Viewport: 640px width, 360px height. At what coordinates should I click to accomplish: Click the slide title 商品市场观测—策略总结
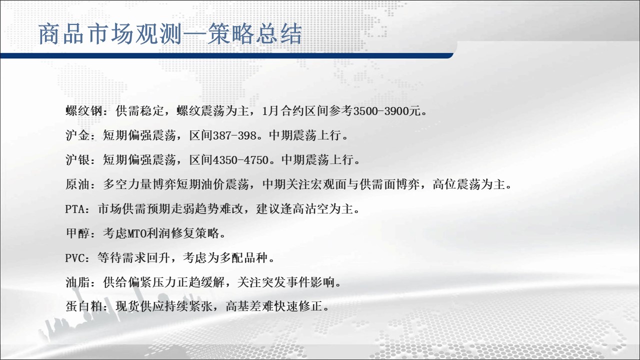click(170, 34)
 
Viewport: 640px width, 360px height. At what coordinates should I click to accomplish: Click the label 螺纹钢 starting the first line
click(84, 111)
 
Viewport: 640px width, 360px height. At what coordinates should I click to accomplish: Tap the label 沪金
click(77, 135)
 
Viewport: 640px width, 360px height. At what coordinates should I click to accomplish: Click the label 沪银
click(77, 160)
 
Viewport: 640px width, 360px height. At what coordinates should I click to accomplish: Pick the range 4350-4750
click(241, 160)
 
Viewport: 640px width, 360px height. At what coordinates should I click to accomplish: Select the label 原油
click(77, 184)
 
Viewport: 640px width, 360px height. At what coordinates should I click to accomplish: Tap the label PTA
click(75, 209)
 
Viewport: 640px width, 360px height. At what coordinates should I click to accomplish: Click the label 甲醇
click(77, 233)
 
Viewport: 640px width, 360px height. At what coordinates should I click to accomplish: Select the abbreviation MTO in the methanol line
click(136, 233)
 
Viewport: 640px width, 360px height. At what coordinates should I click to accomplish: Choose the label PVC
click(75, 258)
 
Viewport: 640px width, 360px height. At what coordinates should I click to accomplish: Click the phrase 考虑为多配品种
click(225, 258)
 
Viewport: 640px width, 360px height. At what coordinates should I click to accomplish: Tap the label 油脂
click(77, 283)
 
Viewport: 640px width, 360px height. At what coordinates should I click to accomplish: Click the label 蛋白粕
click(84, 307)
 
